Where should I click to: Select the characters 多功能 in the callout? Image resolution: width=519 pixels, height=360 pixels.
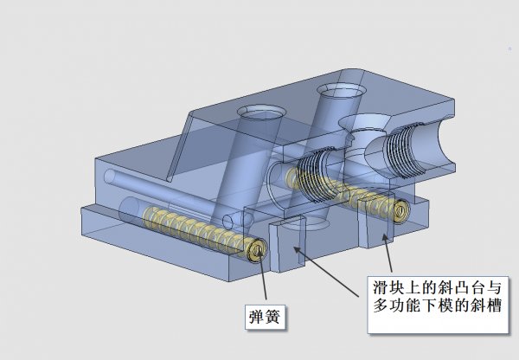pyautogui.click(x=401, y=306)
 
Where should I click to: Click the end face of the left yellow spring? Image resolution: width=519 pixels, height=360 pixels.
pyautogui.click(x=258, y=251)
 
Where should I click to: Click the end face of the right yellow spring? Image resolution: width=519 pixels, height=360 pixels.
pyautogui.click(x=400, y=210)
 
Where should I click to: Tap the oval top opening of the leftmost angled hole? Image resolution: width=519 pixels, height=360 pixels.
pyautogui.click(x=259, y=112)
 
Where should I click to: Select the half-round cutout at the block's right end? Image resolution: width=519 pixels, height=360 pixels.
pyautogui.click(x=438, y=148)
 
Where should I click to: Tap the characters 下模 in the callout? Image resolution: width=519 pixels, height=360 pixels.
pyautogui.click(x=440, y=306)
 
